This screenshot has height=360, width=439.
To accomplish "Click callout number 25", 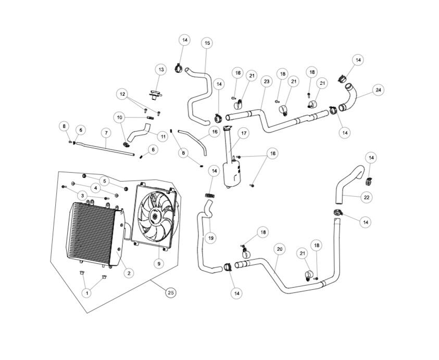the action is tap(171, 292).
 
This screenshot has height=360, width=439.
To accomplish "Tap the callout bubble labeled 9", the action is tap(159, 263).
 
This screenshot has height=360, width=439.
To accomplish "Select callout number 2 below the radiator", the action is tap(129, 273).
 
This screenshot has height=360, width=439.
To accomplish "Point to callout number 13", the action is tap(161, 69).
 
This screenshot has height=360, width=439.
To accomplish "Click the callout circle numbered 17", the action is tap(244, 133).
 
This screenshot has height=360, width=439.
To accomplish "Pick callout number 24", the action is tap(378, 90).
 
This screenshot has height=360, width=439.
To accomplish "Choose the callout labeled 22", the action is tap(367, 197).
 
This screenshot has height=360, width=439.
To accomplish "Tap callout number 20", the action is tap(280, 249).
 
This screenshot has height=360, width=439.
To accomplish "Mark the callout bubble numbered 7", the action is tap(106, 133).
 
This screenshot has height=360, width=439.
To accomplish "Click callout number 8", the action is tap(64, 126).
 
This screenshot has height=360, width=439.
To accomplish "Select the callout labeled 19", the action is tap(211, 238).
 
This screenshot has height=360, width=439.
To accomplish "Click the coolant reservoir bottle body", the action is tap(232, 174).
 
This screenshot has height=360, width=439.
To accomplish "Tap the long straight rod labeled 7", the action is tap(105, 149).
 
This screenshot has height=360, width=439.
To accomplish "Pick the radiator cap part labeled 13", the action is tap(155, 95).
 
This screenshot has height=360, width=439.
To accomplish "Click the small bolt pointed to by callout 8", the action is tap(70, 142).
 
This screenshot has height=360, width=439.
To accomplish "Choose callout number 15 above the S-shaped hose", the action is tap(207, 43).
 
